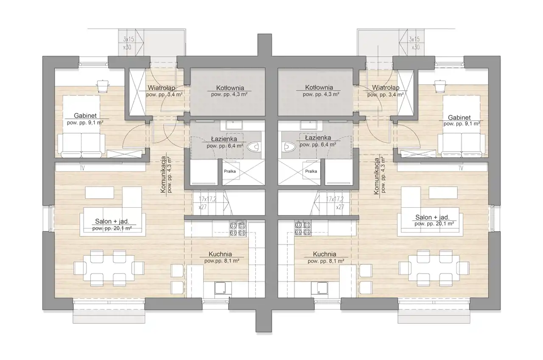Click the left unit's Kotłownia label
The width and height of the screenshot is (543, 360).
(x=230, y=88)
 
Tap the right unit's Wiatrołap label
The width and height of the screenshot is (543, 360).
(x=386, y=87)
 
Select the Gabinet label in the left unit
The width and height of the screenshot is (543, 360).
(x=85, y=116)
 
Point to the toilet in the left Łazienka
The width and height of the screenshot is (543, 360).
(x=254, y=147)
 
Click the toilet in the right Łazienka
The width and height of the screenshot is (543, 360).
(x=289, y=147)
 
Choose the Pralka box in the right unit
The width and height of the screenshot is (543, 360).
(x=311, y=171)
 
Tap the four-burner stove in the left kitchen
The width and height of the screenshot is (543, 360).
(x=238, y=229)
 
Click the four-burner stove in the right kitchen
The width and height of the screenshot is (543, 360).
(x=303, y=229)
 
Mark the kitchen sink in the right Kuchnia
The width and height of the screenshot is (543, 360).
(x=320, y=288)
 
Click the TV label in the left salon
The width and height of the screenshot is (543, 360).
(x=82, y=168)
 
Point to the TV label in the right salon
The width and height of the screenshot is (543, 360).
(x=461, y=168)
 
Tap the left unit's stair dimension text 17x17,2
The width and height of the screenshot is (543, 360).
(x=207, y=199)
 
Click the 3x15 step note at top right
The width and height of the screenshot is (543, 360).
(x=414, y=39)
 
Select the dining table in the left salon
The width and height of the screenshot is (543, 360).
(x=109, y=268)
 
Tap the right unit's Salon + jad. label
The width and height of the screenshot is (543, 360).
(x=432, y=217)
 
